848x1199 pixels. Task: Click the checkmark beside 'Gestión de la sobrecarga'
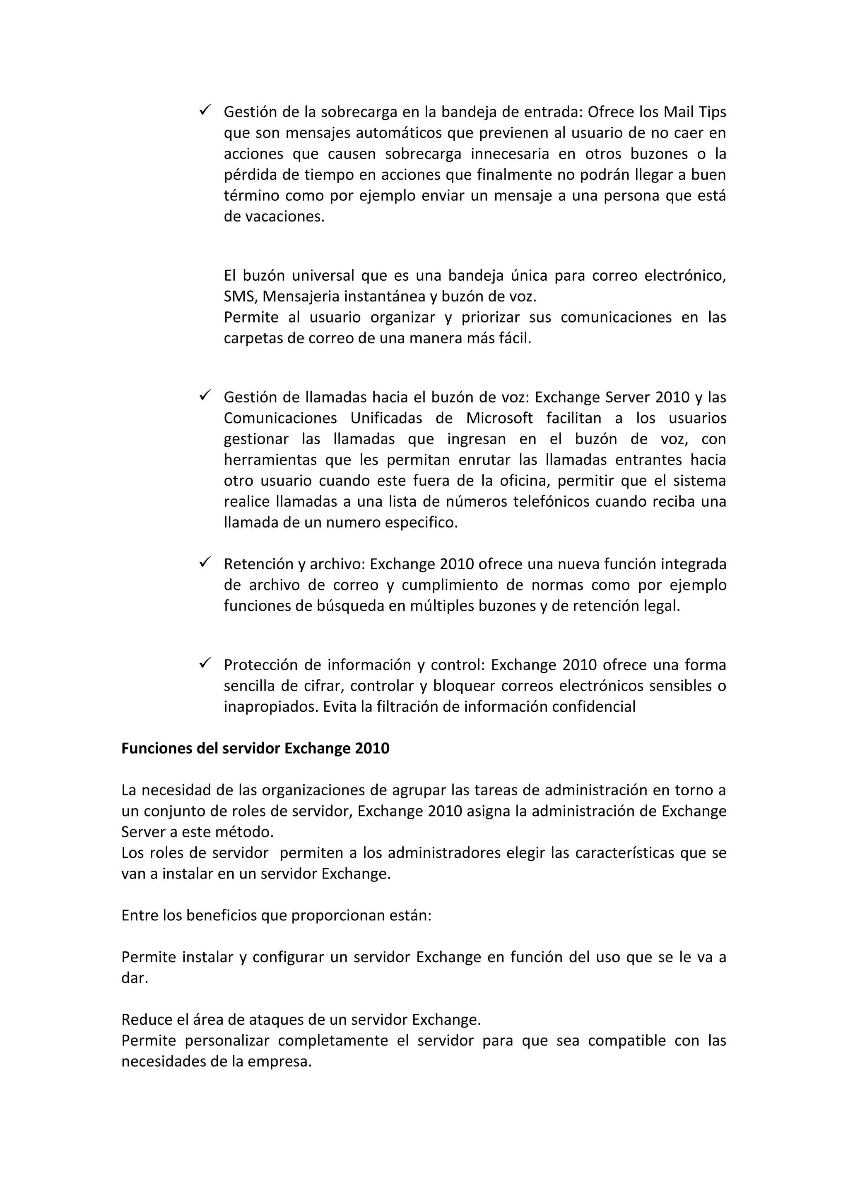pyautogui.click(x=204, y=110)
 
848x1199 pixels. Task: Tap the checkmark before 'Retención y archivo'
pyautogui.click(x=204, y=562)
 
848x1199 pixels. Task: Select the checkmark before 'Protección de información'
pyautogui.click(x=204, y=663)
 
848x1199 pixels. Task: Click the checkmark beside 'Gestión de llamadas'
pyautogui.click(x=204, y=396)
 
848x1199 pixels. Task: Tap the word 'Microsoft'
pyautogui.click(x=499, y=418)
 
